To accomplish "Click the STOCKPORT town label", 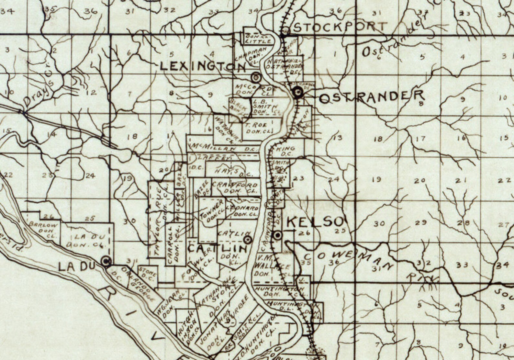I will [x=341, y=27].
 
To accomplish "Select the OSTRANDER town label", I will [x=372, y=96].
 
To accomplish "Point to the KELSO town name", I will [x=315, y=222].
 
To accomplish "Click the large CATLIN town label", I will [x=217, y=249].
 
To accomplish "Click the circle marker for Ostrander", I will [x=297, y=93].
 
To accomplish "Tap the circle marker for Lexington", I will [x=256, y=77].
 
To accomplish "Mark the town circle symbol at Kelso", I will [x=277, y=235].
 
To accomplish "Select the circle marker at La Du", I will [x=106, y=261].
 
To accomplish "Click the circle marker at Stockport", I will [x=285, y=31].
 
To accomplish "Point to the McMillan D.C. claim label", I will [x=223, y=148].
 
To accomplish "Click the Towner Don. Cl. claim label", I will [x=212, y=211].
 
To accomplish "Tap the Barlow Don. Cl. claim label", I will [x=43, y=229].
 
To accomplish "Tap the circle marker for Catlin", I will [x=248, y=240].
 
